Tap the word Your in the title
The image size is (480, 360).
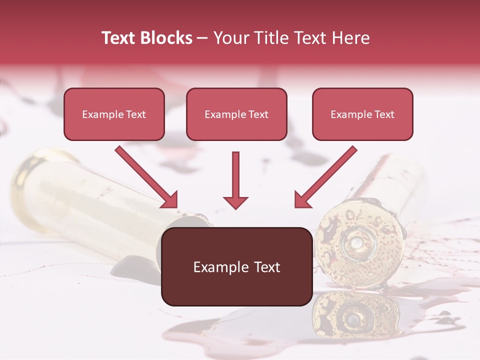229,38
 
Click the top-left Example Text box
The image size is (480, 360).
114,114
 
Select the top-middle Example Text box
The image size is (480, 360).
236,114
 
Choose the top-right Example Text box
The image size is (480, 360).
362,114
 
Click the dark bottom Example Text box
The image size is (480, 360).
236,266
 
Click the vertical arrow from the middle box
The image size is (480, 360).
235,180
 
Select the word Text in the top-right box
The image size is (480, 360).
384,114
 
